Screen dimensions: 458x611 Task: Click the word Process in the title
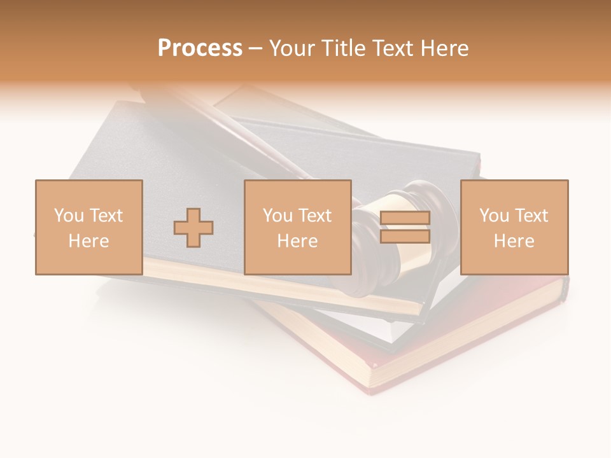pyautogui.click(x=200, y=48)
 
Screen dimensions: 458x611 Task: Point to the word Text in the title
pyautogui.click(x=394, y=48)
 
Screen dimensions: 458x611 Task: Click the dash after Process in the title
pyautogui.click(x=255, y=48)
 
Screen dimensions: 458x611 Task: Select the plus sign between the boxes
pyautogui.click(x=193, y=227)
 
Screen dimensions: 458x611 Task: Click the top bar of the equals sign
pyautogui.click(x=405, y=218)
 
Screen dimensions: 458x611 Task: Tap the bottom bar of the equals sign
pyautogui.click(x=405, y=237)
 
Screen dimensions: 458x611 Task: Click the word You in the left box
pyautogui.click(x=68, y=215)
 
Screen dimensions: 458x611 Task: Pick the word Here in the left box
pyautogui.click(x=88, y=240)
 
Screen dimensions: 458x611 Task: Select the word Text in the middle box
pyautogui.click(x=314, y=215)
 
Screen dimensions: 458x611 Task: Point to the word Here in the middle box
pyautogui.click(x=297, y=240)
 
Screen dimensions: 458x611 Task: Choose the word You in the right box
pyautogui.click(x=494, y=215)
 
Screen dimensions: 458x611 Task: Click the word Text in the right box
pyautogui.click(x=531, y=215)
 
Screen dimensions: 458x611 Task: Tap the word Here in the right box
pyautogui.click(x=514, y=240)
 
